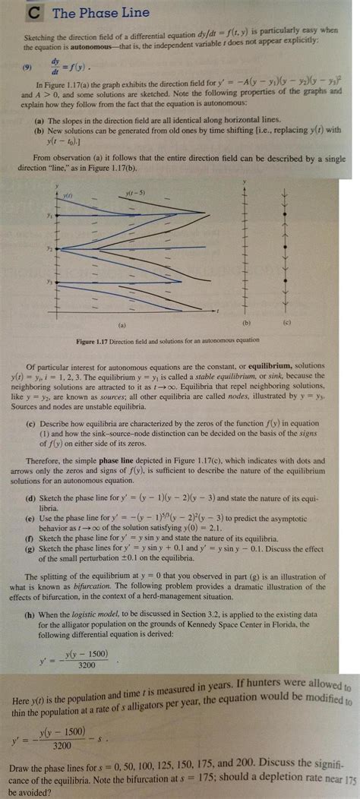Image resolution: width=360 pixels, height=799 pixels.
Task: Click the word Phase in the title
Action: coord(74,12)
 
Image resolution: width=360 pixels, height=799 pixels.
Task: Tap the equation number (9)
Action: coord(28,66)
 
